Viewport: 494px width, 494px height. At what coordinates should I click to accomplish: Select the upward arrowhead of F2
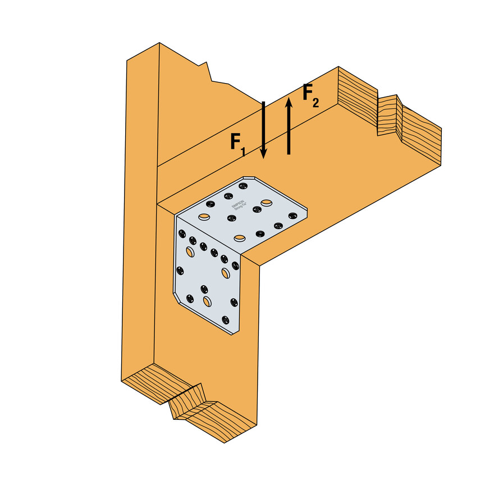[289, 102]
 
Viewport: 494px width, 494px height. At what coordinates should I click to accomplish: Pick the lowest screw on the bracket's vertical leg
[226, 320]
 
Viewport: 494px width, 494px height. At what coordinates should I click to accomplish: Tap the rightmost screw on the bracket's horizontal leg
[292, 215]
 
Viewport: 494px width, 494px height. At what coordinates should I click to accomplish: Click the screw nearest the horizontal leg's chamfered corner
[243, 186]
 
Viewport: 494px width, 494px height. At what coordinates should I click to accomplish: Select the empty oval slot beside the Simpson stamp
[266, 202]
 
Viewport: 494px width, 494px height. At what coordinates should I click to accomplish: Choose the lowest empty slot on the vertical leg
[207, 302]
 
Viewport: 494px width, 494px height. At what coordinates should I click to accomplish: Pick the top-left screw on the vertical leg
[181, 232]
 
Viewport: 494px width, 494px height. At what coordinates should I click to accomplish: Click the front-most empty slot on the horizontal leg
[240, 238]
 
